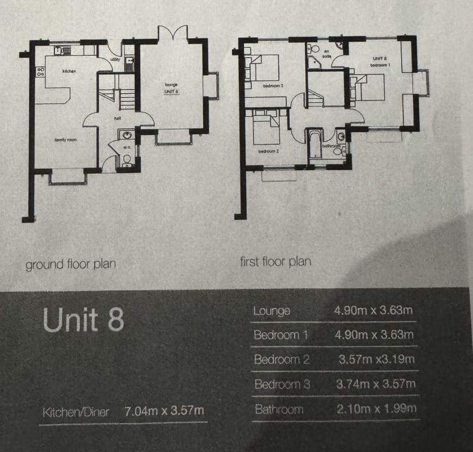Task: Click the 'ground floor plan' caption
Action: pyautogui.click(x=70, y=264)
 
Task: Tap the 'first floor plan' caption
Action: pyautogui.click(x=275, y=261)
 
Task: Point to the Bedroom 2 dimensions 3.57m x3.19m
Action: pyautogui.click(x=376, y=359)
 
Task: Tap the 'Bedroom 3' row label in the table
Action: pyautogui.click(x=282, y=384)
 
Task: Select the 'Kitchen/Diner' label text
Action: pyautogui.click(x=75, y=412)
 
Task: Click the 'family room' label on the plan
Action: pyautogui.click(x=65, y=139)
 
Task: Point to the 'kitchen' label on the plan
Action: pyautogui.click(x=71, y=71)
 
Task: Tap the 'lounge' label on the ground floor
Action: pyautogui.click(x=171, y=85)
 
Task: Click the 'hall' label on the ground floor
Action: pyautogui.click(x=118, y=118)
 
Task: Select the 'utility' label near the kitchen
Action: pyautogui.click(x=115, y=59)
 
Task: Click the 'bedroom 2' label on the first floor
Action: pyautogui.click(x=268, y=152)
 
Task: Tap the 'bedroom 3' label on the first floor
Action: pyautogui.click(x=273, y=86)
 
